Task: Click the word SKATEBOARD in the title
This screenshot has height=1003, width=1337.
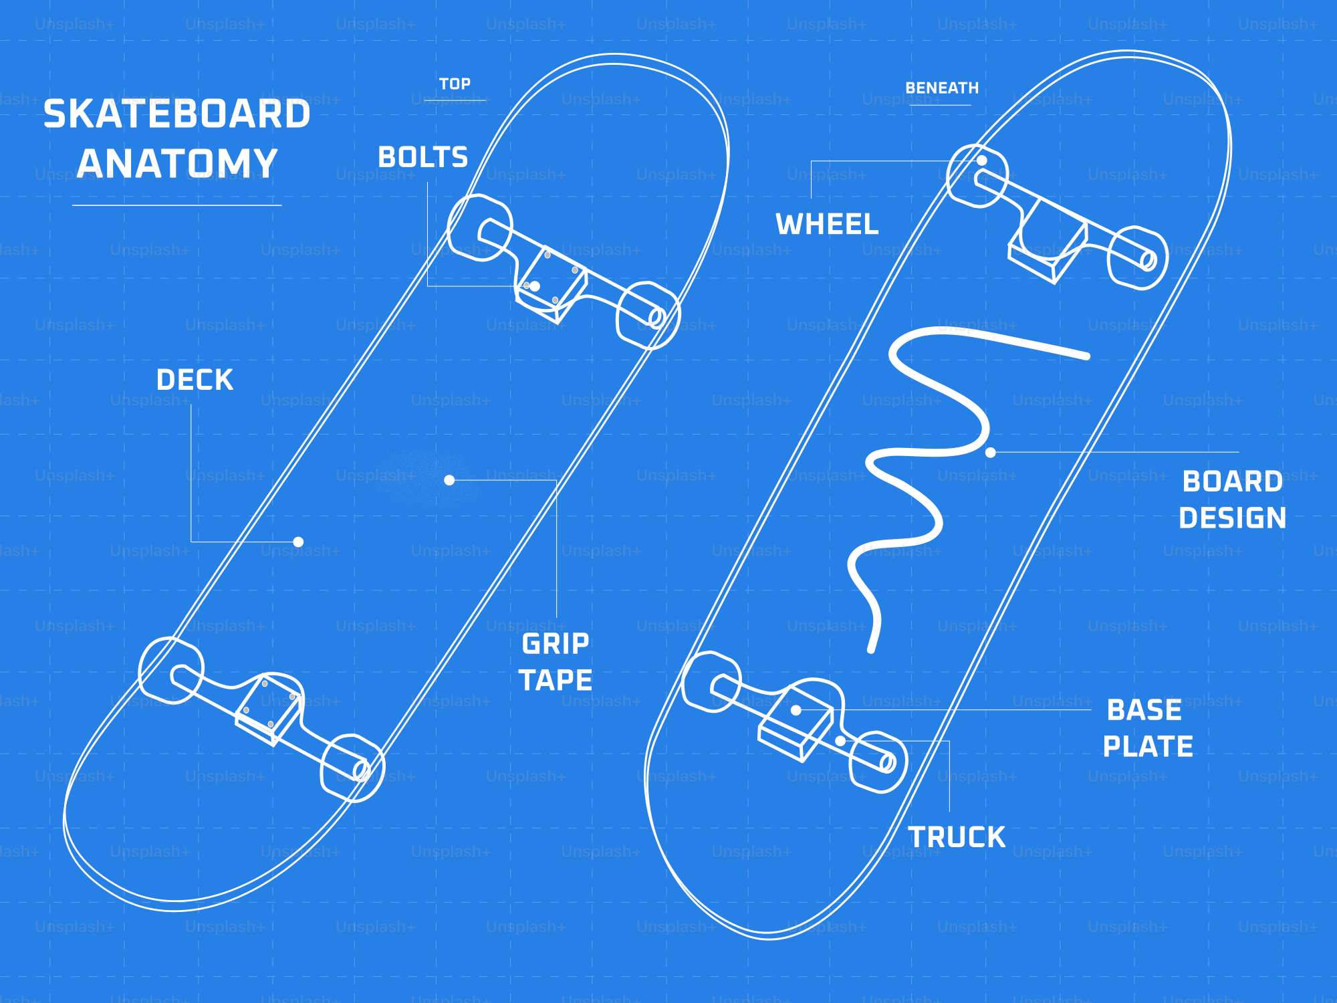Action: pos(177,114)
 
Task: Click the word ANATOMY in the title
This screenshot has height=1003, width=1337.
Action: pos(177,163)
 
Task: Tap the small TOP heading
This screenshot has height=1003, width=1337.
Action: pos(455,84)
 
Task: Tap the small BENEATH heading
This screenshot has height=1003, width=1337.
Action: pos(941,88)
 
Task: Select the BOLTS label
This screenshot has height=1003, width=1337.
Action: pos(422,158)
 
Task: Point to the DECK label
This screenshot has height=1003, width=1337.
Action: pos(195,380)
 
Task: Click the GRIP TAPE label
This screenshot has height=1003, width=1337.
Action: pos(556,662)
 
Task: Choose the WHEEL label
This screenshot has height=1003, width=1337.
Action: pos(827,225)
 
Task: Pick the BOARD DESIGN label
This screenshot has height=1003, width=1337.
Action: pos(1232,499)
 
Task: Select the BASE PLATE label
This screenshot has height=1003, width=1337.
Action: pos(1147,728)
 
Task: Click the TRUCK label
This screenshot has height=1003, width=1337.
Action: pos(957,837)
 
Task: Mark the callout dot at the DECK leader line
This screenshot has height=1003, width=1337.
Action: pos(299,542)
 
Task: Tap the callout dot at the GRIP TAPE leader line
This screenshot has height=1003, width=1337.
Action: pos(449,480)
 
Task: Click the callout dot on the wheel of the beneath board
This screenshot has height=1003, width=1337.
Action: pos(981,160)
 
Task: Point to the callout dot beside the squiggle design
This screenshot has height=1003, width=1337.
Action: pos(991,453)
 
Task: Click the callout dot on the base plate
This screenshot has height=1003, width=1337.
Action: pos(796,710)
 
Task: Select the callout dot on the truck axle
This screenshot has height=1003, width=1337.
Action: pos(840,741)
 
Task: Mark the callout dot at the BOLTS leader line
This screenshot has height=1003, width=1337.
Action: pos(535,286)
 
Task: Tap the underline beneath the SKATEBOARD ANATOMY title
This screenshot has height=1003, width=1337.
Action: pos(176,205)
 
